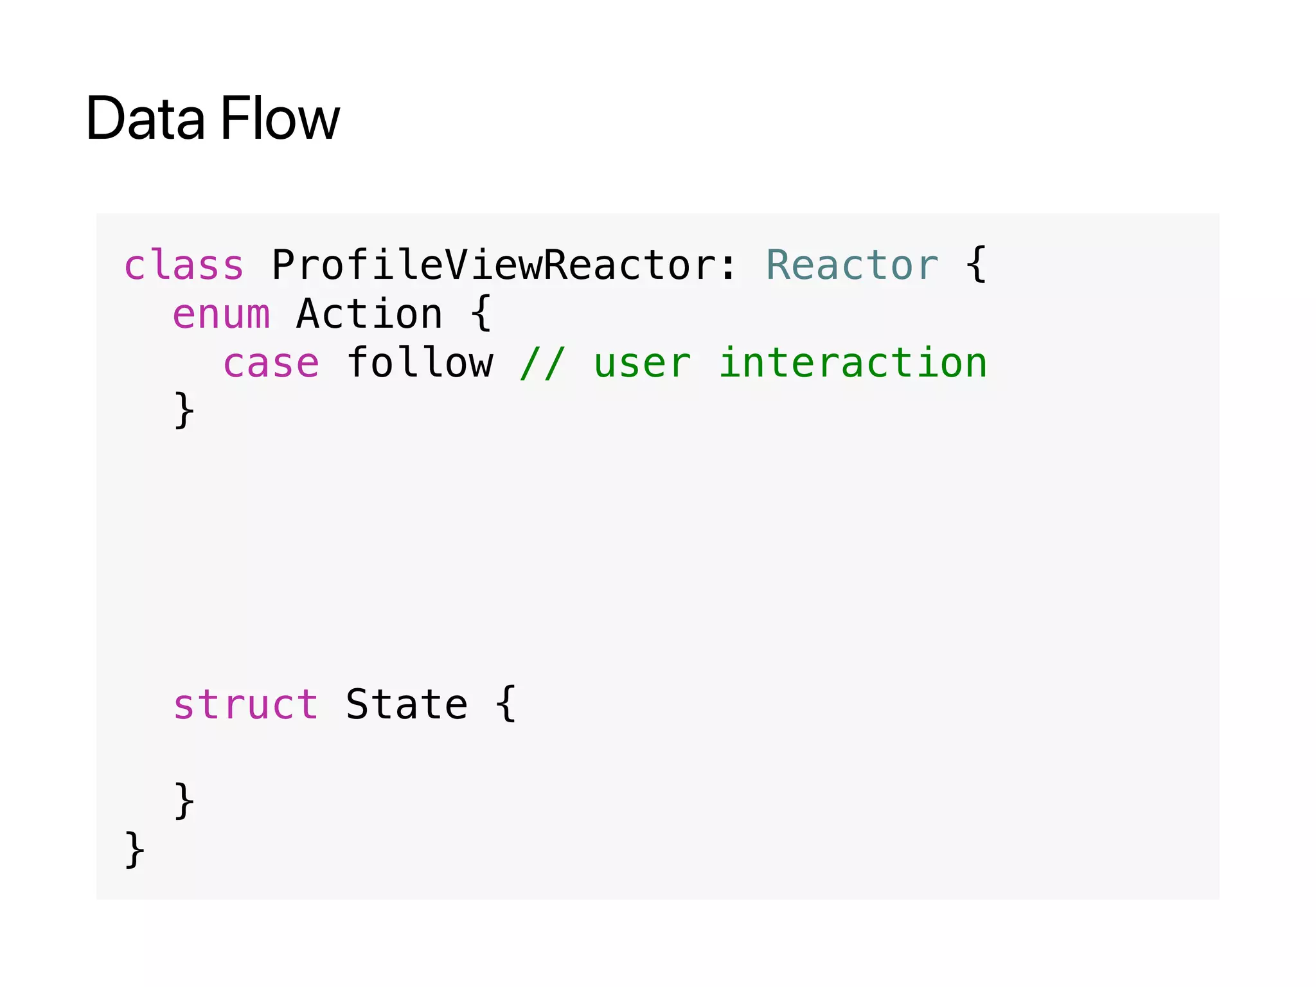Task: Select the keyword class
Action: pyautogui.click(x=184, y=265)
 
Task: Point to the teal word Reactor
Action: pyautogui.click(x=852, y=265)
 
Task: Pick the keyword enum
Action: pyautogui.click(x=221, y=314)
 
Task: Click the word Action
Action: pyautogui.click(x=369, y=314)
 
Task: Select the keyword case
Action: pyautogui.click(x=271, y=364)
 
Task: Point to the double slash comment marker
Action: pyautogui.click(x=542, y=364)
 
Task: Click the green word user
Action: pyautogui.click(x=642, y=364)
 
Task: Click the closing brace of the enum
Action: pyautogui.click(x=184, y=411)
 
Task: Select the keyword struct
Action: pyautogui.click(x=245, y=704)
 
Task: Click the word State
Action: pyautogui.click(x=407, y=704)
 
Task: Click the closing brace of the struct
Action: pyautogui.click(x=184, y=801)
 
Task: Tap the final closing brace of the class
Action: pyautogui.click(x=135, y=849)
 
